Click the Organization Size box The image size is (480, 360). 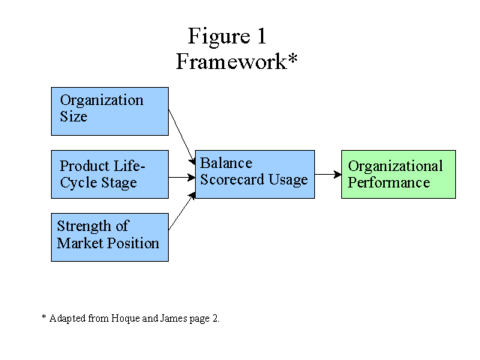[x=109, y=112]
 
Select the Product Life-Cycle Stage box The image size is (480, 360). [x=109, y=174]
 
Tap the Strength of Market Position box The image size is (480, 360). [x=109, y=237]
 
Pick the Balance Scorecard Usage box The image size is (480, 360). [x=255, y=174]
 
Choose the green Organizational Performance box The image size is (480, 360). [x=398, y=174]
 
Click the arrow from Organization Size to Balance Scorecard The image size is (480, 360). [x=181, y=137]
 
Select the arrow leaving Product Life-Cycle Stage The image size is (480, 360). [x=181, y=177]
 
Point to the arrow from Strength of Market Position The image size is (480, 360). [x=181, y=211]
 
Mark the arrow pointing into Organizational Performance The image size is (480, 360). [x=328, y=175]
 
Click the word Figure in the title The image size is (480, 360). [x=219, y=37]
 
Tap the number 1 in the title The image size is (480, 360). [x=262, y=36]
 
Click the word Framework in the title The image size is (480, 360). [x=232, y=61]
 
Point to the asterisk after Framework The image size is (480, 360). [x=292, y=58]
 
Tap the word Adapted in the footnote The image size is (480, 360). [x=67, y=319]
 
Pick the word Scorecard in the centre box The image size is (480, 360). [x=232, y=179]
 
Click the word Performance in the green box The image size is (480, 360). [x=388, y=183]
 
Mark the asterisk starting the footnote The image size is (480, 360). [x=43, y=316]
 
